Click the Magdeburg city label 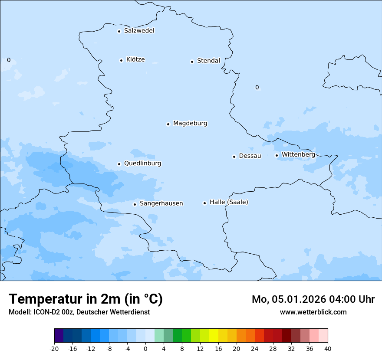[x=190, y=124]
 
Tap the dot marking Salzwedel [x=119, y=31]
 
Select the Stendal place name [x=208, y=61]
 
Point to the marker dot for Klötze [x=121, y=60]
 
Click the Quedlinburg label [x=142, y=164]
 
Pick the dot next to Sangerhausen [x=135, y=204]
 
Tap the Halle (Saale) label [x=229, y=202]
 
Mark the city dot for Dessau [x=234, y=157]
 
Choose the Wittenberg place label [x=298, y=154]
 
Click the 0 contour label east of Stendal [x=257, y=87]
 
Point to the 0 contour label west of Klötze [x=9, y=60]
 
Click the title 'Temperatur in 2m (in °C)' [x=86, y=299]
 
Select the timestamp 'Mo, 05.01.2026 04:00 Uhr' [x=313, y=299]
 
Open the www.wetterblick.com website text [x=313, y=312]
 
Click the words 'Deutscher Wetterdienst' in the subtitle [x=113, y=312]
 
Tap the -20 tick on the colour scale [x=54, y=349]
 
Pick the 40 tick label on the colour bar [x=328, y=349]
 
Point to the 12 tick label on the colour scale [x=200, y=349]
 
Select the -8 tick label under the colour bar [x=109, y=349]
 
